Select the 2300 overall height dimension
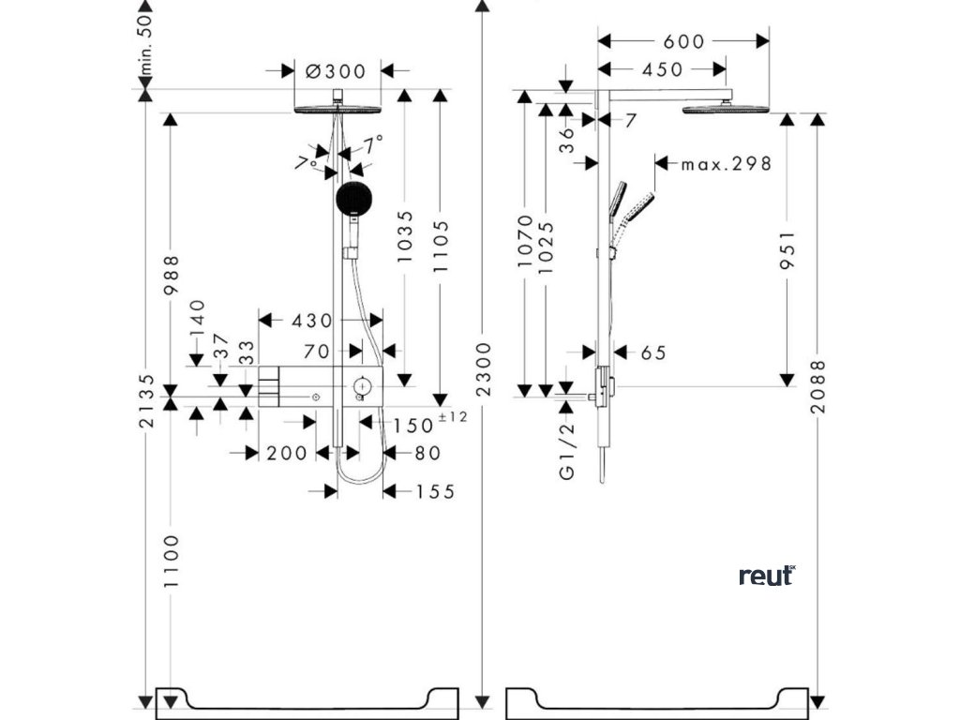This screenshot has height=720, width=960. point(482,366)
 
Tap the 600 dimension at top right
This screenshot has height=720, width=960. point(682,41)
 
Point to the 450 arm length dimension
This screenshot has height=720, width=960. point(661,68)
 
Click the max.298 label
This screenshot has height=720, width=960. point(726,164)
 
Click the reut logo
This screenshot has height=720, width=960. point(767,575)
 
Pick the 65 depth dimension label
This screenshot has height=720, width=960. point(653,352)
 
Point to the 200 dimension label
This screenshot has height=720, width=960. point(286,454)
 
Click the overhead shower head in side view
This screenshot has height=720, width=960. point(725,109)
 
